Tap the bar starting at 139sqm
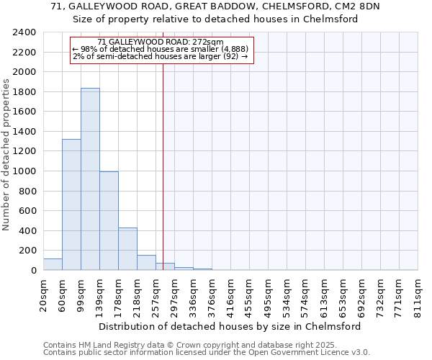tap(109, 221)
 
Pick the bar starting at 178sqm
tap(127, 249)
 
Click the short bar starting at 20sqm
tap(53, 264)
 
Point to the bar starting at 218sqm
tap(146, 263)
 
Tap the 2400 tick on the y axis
tap(24, 32)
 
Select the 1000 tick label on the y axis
tap(24, 171)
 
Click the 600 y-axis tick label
tap(27, 211)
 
